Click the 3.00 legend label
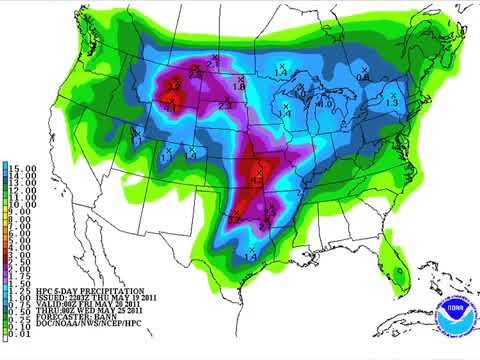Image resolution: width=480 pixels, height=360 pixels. point(21,250)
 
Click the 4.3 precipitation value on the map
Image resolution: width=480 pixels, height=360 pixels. point(257,183)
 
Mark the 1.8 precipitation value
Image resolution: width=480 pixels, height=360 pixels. point(240,88)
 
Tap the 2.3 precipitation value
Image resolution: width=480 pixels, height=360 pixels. point(225,105)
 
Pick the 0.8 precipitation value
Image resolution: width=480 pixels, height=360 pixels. point(363,77)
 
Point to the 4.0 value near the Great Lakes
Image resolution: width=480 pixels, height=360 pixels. point(325,104)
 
